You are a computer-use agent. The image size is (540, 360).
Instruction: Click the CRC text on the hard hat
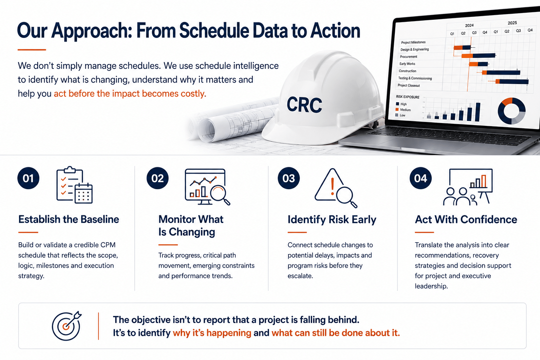[x=304, y=105]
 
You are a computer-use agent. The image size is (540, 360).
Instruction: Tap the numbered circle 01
[x=28, y=178]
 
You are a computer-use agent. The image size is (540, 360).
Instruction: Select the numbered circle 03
[x=289, y=178]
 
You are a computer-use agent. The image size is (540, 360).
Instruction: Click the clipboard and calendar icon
[x=75, y=185]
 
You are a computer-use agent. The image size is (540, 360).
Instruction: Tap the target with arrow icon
[x=66, y=326]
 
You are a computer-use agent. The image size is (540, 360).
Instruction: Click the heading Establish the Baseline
[x=69, y=219]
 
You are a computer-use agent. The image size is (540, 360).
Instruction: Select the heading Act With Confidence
[x=466, y=219]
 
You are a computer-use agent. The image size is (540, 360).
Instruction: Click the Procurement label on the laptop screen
[x=409, y=57]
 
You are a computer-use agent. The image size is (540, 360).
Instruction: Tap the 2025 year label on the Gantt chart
[x=512, y=23]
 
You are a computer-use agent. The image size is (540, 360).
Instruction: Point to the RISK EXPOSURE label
[x=408, y=97]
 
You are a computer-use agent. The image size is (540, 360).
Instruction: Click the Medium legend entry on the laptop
[x=403, y=110]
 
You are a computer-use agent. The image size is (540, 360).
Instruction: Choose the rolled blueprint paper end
[x=206, y=130]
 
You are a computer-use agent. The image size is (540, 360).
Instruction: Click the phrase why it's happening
[x=212, y=333]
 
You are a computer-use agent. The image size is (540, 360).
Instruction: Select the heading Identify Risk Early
[x=332, y=219]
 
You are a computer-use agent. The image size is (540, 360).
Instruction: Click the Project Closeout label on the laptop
[x=409, y=85]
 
